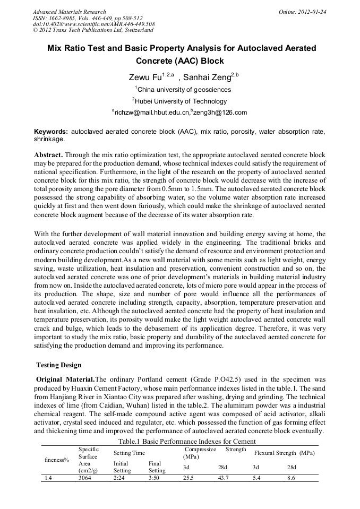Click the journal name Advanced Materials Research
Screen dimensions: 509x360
(69, 12)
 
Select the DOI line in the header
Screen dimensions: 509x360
(93, 24)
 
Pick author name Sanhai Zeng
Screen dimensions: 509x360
(208, 77)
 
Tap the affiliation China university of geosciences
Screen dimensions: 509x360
(183, 90)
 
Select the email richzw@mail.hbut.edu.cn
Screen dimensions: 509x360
(150, 113)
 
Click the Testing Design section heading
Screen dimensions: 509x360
(58, 365)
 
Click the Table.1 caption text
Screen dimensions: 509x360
(181, 442)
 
